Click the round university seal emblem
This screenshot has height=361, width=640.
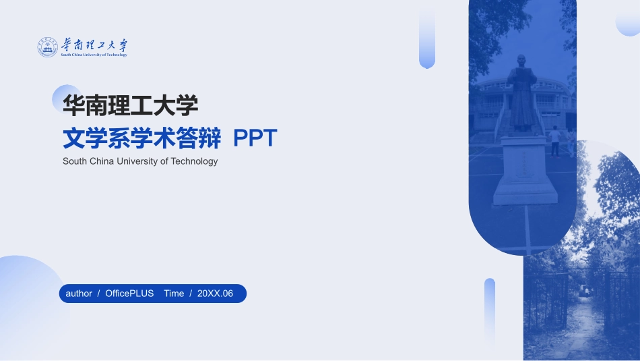coord(48,47)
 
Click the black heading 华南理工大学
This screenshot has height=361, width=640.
coord(130,105)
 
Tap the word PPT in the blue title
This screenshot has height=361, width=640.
coord(255,138)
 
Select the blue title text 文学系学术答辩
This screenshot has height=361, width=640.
coord(141,138)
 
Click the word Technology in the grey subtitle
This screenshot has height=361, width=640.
coord(194,161)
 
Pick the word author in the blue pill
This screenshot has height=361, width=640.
coord(79,294)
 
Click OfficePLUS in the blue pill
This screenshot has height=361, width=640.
coord(129,294)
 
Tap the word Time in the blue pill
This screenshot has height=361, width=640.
coord(174,294)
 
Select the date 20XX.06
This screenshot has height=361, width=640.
coord(215,294)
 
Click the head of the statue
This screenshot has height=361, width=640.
coord(520,61)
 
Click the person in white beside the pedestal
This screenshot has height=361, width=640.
coord(554,142)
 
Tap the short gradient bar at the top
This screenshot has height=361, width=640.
coord(427,38)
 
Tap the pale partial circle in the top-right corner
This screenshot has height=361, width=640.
coord(629,20)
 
